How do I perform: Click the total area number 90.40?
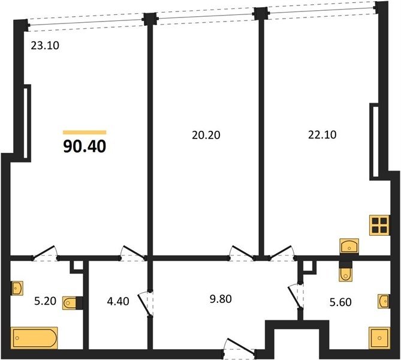tap(85, 147)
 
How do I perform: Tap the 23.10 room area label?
tap(45, 46)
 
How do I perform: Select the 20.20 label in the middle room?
tap(206, 135)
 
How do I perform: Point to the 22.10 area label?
tap(322, 134)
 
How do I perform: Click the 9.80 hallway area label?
tap(221, 299)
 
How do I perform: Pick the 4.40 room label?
tap(118, 301)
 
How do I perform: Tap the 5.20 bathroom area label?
tap(46, 301)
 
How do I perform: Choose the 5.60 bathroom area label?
tap(340, 302)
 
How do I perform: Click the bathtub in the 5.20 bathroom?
tap(34, 338)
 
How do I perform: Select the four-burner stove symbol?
tap(379, 226)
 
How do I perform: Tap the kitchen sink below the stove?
tap(349, 246)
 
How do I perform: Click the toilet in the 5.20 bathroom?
tap(70, 303)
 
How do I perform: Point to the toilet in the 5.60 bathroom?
tap(345, 274)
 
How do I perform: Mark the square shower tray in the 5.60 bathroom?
tap(379, 338)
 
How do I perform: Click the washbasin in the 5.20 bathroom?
tap(17, 288)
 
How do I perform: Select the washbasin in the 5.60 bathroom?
tap(384, 301)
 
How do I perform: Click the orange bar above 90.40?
tap(85, 133)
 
